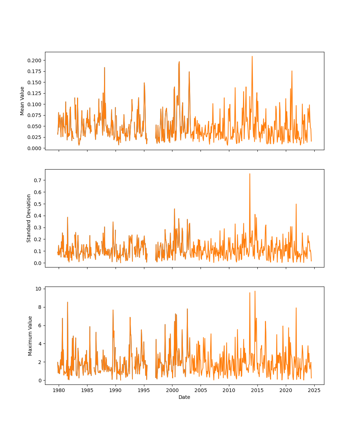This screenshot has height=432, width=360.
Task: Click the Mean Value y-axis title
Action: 22,101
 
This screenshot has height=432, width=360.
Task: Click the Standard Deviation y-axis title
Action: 29,218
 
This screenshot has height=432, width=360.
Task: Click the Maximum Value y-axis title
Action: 30,336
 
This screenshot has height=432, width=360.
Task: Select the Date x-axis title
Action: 184,397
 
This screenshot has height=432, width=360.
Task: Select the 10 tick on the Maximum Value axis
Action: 38,289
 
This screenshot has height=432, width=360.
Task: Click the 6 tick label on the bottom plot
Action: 40,325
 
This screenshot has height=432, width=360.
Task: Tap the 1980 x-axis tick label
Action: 59,390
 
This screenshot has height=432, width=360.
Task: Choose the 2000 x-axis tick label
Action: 172,390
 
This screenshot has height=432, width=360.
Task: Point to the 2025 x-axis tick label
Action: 314,390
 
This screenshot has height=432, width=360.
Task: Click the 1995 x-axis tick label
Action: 144,390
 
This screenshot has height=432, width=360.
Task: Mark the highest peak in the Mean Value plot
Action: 252,57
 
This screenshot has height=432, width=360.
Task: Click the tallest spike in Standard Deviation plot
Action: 250,174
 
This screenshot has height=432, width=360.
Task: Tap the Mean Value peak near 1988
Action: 104,68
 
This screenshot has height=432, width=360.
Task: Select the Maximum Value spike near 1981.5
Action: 67,302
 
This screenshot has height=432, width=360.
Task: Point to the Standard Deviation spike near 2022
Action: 296,204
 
